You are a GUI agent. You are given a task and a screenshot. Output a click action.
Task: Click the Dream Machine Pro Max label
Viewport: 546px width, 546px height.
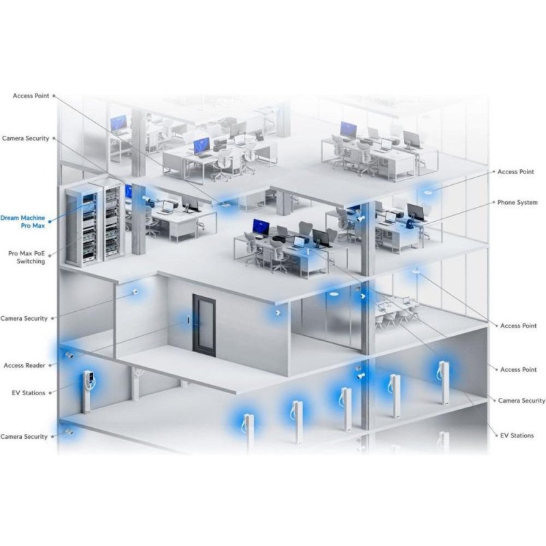pos(23,222)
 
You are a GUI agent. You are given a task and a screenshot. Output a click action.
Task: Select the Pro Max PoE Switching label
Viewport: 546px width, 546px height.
pos(27,257)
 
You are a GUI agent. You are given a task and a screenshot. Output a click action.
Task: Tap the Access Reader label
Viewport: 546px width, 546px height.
pos(25,365)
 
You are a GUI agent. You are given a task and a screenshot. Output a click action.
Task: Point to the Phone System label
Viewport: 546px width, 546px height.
pos(517,202)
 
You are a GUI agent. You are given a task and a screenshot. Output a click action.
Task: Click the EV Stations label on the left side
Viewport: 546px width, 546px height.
pos(29,393)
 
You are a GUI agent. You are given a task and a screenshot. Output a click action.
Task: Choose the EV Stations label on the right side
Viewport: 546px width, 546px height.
pos(517,435)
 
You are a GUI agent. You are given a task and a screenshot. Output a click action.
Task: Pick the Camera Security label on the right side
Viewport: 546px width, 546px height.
pos(521,401)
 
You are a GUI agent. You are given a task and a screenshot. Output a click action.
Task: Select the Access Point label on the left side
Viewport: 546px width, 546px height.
pos(31,96)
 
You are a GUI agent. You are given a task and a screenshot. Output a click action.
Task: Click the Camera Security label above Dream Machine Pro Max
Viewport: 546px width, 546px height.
pos(26,139)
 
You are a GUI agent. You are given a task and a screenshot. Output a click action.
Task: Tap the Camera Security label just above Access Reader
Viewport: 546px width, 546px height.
pos(24,318)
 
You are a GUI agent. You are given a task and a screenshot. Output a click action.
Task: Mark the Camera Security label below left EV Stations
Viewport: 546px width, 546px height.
pos(24,437)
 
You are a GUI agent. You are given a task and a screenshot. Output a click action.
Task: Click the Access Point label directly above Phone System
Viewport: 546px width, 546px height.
pos(516,172)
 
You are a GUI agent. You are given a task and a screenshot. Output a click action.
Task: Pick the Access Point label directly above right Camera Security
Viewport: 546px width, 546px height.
pos(519,369)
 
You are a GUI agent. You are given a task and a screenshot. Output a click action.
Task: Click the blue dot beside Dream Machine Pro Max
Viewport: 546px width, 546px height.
pos(50,221)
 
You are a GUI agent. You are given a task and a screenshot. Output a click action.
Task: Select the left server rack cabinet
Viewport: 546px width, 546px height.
pos(82,225)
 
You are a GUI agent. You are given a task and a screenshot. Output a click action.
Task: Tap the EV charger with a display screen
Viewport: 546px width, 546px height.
pos(89,392)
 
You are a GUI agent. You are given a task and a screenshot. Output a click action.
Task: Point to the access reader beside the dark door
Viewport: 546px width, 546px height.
pos(188,320)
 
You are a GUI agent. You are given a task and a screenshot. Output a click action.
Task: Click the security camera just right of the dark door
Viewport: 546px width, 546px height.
pos(278,313)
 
